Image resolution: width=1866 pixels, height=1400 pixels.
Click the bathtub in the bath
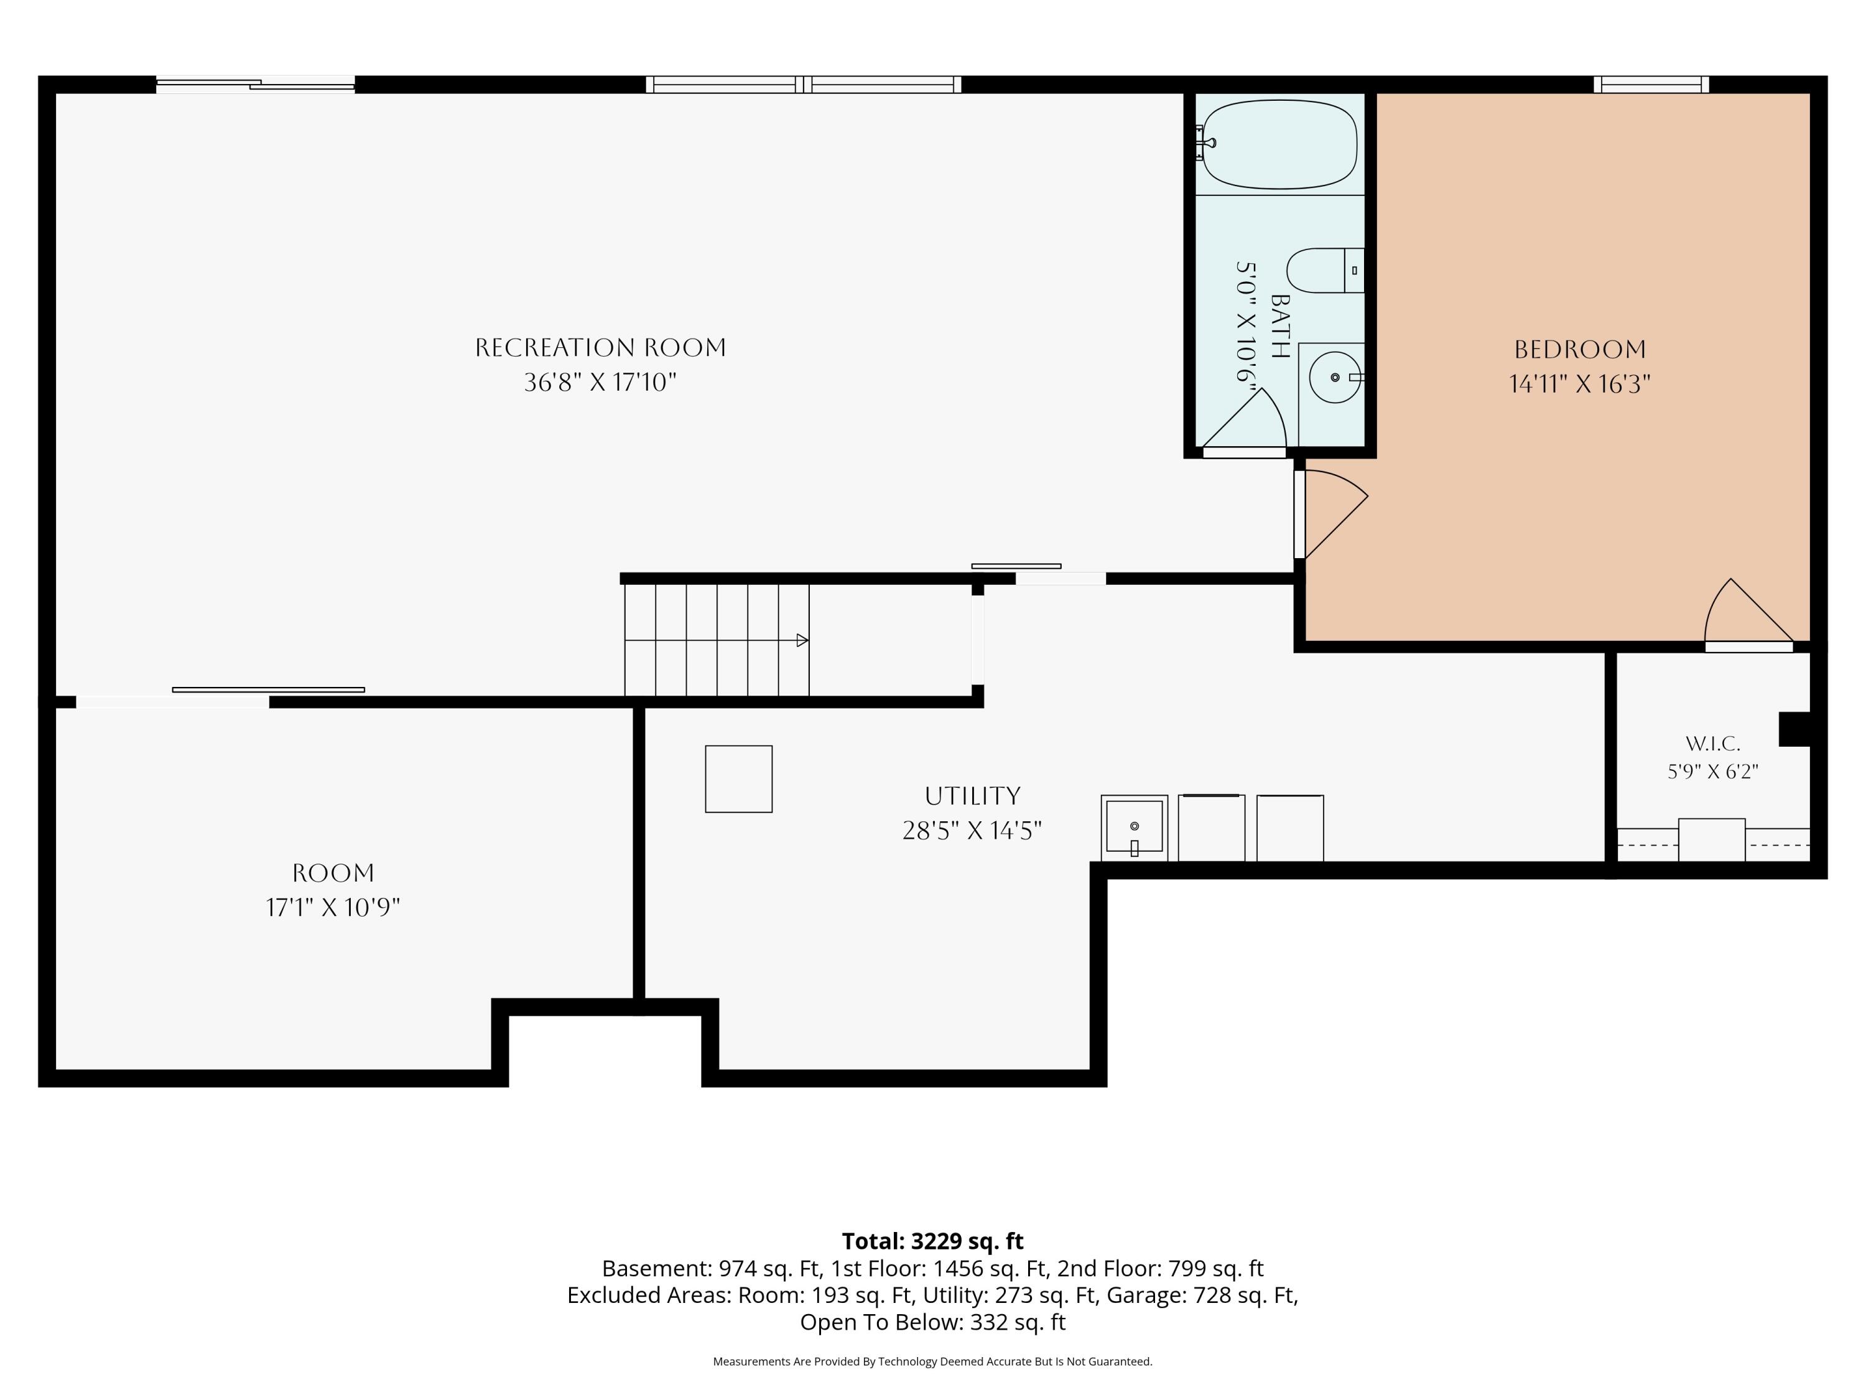[1279, 144]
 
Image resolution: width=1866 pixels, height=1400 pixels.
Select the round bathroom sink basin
[1335, 377]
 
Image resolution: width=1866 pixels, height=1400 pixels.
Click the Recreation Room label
[601, 348]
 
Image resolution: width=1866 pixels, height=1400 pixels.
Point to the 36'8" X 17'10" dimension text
[601, 382]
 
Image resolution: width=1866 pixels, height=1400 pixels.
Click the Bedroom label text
[1580, 349]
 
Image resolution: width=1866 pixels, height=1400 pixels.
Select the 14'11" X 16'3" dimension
[1580, 384]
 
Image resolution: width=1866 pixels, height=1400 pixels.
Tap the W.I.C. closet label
[1712, 744]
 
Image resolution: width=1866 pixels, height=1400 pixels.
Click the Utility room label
[973, 796]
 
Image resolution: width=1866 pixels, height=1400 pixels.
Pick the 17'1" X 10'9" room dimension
[333, 907]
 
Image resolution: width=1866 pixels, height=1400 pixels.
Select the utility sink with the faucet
[1135, 828]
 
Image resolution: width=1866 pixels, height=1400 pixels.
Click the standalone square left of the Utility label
[739, 779]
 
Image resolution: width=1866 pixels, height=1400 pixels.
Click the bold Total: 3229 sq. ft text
[932, 1241]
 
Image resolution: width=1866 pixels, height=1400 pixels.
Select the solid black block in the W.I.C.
[1795, 729]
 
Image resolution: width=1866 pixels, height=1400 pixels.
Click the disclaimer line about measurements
[932, 1361]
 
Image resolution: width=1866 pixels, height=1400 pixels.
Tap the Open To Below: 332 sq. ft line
[932, 1322]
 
